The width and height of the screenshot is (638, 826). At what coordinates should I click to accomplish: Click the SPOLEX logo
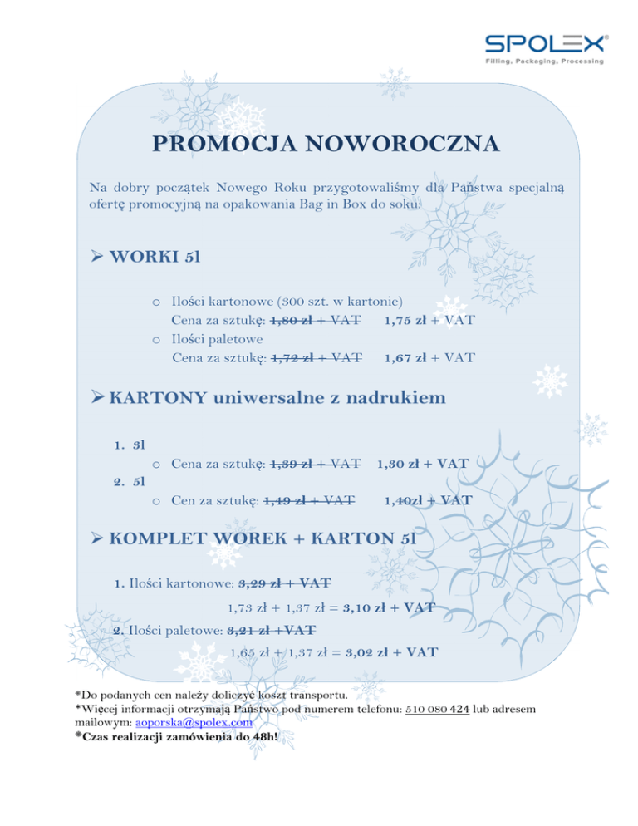coord(546,49)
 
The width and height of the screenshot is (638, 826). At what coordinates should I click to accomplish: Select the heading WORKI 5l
coord(154,254)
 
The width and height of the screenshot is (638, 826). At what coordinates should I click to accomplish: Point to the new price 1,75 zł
coord(405,317)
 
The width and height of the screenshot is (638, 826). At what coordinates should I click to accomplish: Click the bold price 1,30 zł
coord(400,463)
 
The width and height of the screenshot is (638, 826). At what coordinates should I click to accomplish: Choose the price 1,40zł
coord(404,500)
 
